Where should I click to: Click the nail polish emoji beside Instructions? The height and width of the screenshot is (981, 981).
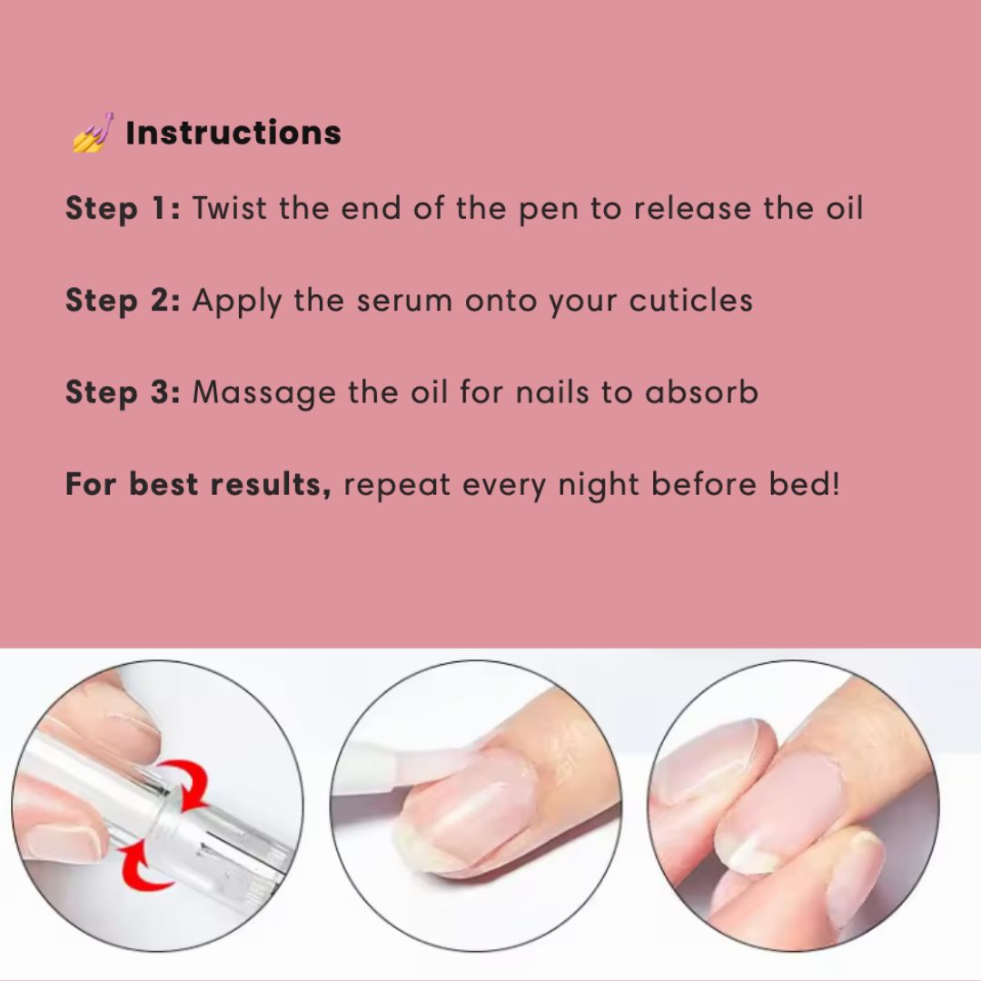[x=93, y=133]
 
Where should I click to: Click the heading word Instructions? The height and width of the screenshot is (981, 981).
[x=233, y=133]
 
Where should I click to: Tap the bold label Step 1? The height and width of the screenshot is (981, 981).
[x=124, y=208]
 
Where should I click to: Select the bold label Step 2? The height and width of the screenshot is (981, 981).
[x=124, y=301]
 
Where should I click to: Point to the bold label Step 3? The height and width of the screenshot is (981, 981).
[x=124, y=392]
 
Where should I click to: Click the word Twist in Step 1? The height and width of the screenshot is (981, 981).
[x=231, y=208]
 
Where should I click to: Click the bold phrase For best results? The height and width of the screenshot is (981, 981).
[x=198, y=484]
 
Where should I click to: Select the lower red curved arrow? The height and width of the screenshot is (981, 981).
[x=152, y=868]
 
